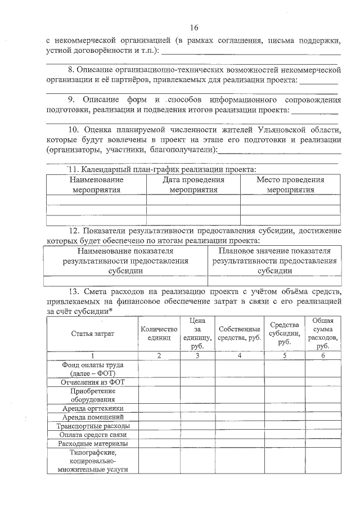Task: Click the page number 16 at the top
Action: (x=194, y=28)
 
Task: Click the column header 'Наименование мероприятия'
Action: (x=96, y=185)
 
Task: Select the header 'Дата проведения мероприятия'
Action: (x=193, y=185)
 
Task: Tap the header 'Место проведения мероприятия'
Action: (x=290, y=185)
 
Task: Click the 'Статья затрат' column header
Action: (x=92, y=334)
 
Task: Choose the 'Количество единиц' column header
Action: (x=159, y=334)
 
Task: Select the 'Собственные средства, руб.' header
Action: (x=239, y=334)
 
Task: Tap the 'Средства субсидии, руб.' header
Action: (x=285, y=334)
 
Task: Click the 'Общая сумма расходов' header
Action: (x=323, y=334)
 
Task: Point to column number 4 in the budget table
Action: (x=239, y=355)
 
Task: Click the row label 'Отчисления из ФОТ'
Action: (x=92, y=382)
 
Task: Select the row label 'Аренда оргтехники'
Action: (x=92, y=408)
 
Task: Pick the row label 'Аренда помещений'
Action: (x=92, y=417)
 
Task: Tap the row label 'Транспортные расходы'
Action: (x=92, y=426)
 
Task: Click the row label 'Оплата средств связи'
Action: (x=92, y=435)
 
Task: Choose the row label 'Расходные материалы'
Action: (x=92, y=444)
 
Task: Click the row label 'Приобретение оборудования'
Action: (x=92, y=395)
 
